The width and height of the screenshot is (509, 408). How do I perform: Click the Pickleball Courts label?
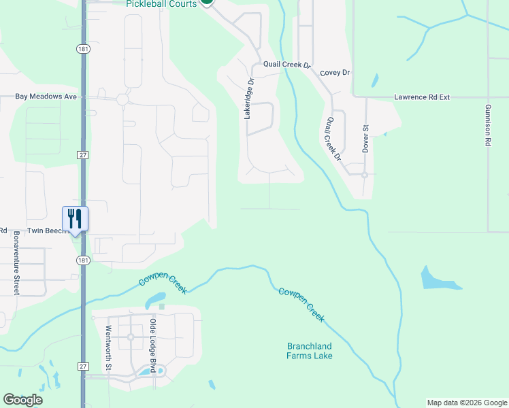click(x=161, y=4)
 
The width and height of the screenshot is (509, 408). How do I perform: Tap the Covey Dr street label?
click(x=335, y=72)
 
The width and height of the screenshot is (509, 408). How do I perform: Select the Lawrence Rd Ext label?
click(x=422, y=97)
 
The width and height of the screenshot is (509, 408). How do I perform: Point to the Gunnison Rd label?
click(x=488, y=126)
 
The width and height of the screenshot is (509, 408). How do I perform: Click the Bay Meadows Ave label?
click(x=46, y=97)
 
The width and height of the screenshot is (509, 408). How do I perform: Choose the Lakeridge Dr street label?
click(x=249, y=99)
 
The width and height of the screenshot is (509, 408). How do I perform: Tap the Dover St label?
click(x=365, y=138)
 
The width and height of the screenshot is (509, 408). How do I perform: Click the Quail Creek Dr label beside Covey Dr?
click(x=286, y=65)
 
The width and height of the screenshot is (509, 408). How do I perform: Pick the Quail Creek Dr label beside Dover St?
click(x=333, y=139)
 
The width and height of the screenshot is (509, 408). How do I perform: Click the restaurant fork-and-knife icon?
click(x=75, y=218)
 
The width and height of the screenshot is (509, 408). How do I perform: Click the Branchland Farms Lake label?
click(x=309, y=351)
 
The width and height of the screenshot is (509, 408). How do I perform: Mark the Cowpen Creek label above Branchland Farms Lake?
click(x=301, y=304)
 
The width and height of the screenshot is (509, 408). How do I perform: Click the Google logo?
click(x=22, y=400)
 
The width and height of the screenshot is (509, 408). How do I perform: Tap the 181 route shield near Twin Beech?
click(x=82, y=260)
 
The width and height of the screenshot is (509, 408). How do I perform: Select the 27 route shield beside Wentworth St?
click(x=82, y=367)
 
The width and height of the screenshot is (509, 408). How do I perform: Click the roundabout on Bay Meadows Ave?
click(x=122, y=99)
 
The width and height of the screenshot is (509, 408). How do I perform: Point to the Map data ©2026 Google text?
click(x=467, y=403)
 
